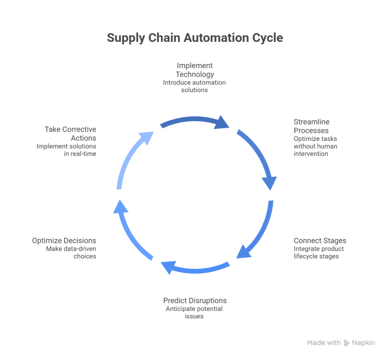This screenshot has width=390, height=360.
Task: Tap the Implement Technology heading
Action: pyautogui.click(x=195, y=70)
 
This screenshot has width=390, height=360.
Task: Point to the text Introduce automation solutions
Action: pyautogui.click(x=195, y=86)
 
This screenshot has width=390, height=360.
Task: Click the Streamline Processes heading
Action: pyautogui.click(x=312, y=126)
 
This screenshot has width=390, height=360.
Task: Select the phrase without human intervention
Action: pyautogui.click(x=315, y=150)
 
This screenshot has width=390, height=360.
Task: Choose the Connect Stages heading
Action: pyautogui.click(x=320, y=241)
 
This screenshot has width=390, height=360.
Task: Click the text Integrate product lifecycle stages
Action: pyautogui.click(x=318, y=253)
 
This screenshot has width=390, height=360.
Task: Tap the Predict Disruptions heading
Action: pyautogui.click(x=195, y=301)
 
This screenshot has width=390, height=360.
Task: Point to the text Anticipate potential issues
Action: pyautogui.click(x=194, y=312)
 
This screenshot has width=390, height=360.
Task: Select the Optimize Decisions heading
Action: pyautogui.click(x=64, y=241)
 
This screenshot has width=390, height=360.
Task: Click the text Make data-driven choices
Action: pyautogui.click(x=71, y=253)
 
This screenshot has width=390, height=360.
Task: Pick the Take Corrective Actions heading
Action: pyautogui.click(x=70, y=133)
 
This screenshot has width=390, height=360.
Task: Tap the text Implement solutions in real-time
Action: pyautogui.click(x=67, y=150)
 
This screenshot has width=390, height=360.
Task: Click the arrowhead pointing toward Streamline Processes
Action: pyautogui.click(x=223, y=122)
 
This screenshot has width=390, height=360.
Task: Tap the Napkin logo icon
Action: pyautogui.click(x=347, y=343)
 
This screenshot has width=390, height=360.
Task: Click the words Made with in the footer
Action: pyautogui.click(x=324, y=343)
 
